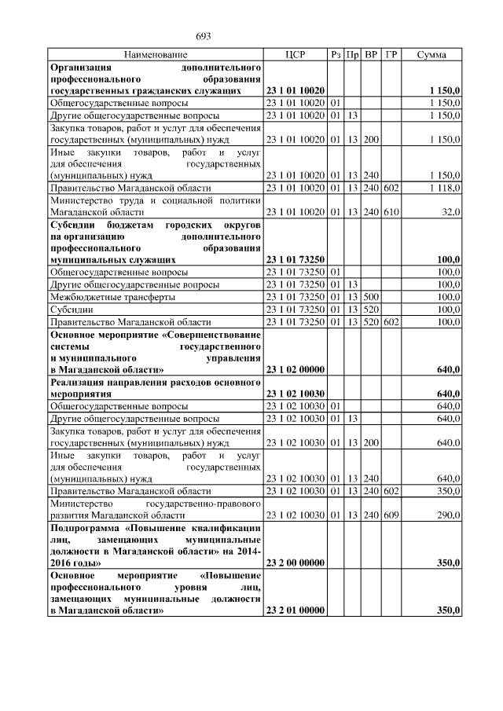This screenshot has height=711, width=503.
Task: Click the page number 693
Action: tap(204, 36)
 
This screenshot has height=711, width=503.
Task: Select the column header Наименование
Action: tap(155, 55)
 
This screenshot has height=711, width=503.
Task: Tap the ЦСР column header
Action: tap(296, 55)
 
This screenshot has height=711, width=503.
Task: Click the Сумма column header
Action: tap(432, 55)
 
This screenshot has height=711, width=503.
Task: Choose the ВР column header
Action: tap(371, 55)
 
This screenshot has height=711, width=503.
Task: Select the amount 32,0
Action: tap(450, 212)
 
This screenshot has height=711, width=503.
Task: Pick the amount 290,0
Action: tap(447, 515)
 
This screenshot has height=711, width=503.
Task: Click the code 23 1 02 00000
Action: tap(296, 369)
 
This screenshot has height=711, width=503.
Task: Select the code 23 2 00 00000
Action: tap(296, 563)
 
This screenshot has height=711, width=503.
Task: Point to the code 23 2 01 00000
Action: tap(296, 610)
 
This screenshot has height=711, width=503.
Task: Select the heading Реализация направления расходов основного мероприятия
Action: tap(155, 387)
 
